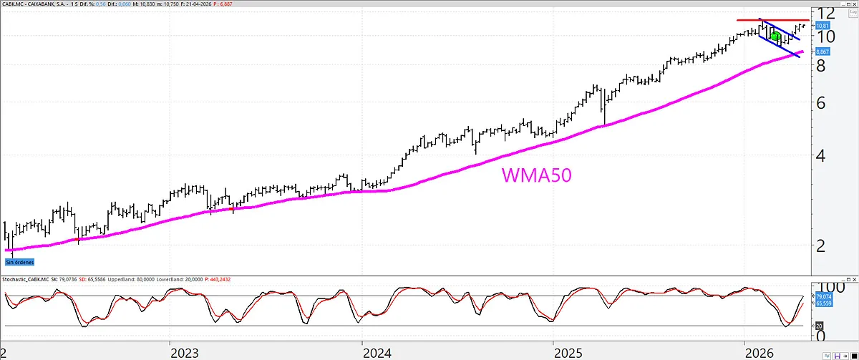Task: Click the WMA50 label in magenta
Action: [x=535, y=176]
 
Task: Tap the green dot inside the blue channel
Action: [x=775, y=37]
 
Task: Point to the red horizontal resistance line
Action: [x=773, y=20]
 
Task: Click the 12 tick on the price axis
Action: [x=828, y=14]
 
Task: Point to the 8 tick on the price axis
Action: [x=821, y=65]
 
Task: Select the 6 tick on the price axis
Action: [x=821, y=102]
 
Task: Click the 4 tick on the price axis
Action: [x=821, y=155]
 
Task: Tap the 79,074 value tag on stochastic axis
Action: [x=822, y=296]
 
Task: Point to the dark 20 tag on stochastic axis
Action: [x=818, y=326]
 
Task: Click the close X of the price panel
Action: [x=853, y=4]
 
